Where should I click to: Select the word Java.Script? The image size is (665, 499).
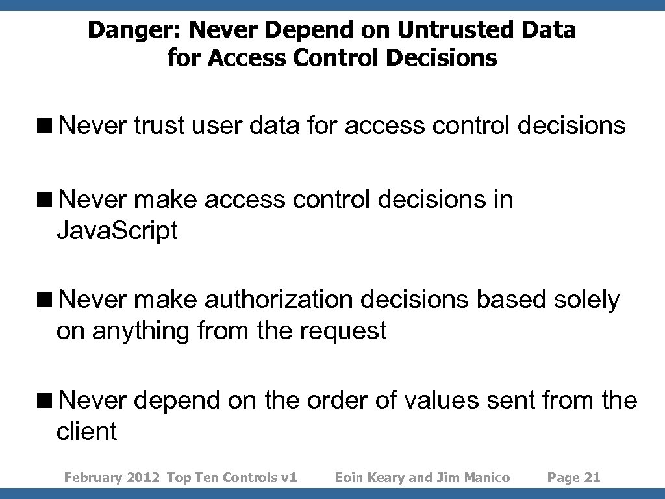tap(117, 231)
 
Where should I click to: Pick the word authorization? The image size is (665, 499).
tap(278, 300)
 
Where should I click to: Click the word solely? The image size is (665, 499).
tap(587, 300)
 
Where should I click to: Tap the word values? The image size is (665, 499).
tap(444, 400)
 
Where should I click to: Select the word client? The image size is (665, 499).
tap(86, 431)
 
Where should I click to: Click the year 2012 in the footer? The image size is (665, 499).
tap(143, 478)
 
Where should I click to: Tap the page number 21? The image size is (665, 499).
tap(592, 478)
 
